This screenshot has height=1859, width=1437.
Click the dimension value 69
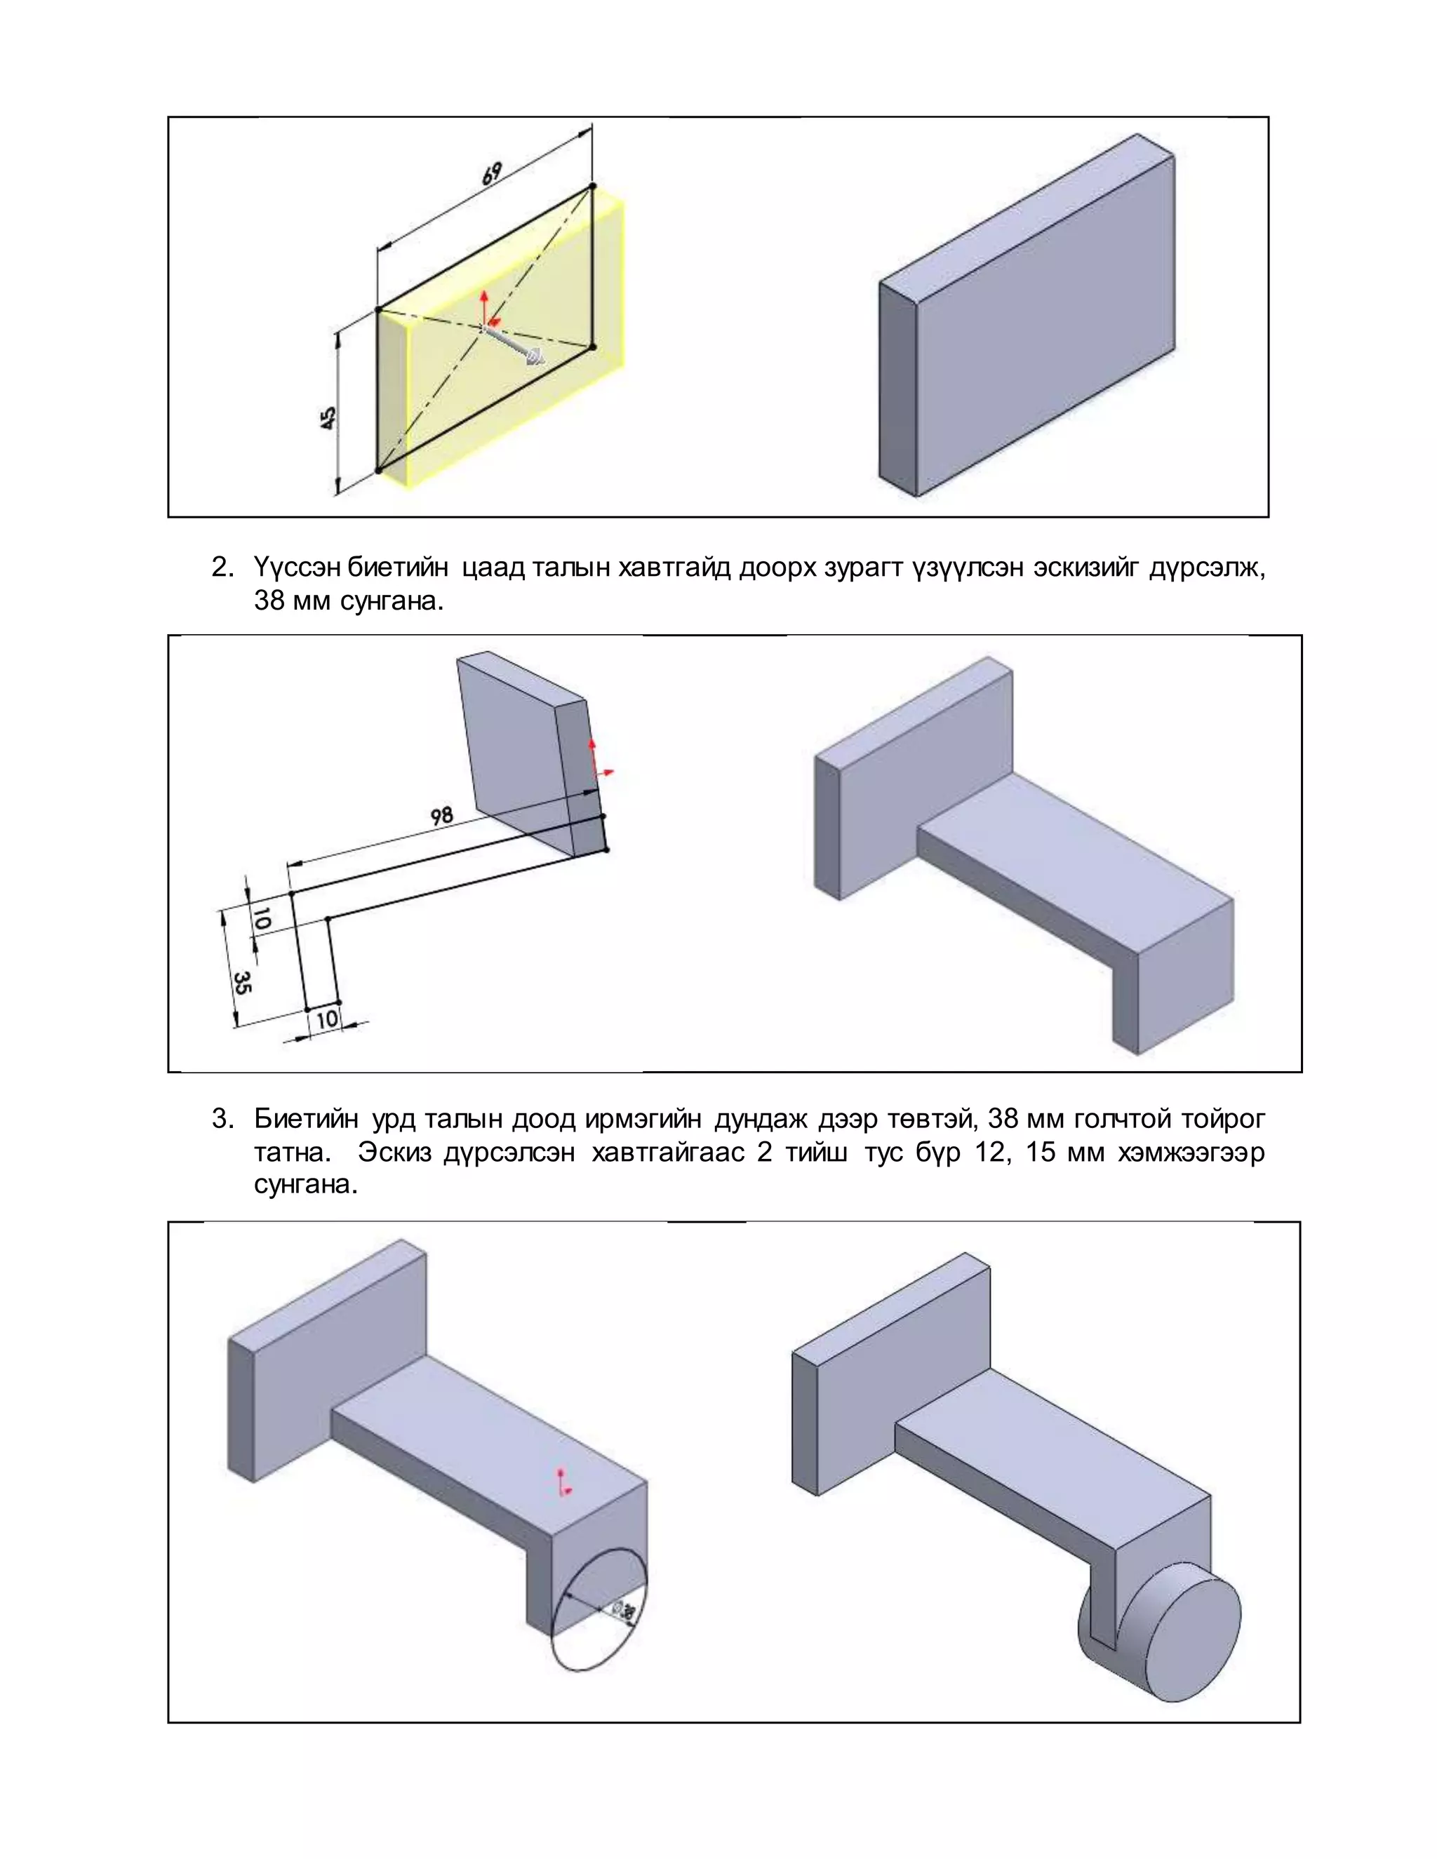(491, 174)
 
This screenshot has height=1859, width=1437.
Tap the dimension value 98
(441, 817)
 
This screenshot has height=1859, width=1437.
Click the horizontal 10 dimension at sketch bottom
(326, 1019)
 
